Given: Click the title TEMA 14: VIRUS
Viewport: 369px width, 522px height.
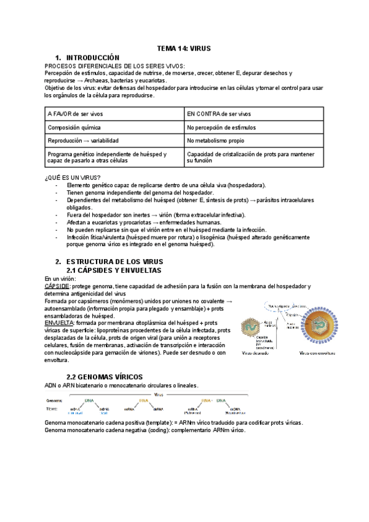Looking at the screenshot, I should click(184, 48).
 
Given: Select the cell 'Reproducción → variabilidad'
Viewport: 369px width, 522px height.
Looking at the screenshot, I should click(87, 141).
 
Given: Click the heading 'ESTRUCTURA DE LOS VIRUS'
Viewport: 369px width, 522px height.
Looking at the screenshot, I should click(114, 262).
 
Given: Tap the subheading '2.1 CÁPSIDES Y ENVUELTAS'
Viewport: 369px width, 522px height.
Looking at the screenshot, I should click(113, 270).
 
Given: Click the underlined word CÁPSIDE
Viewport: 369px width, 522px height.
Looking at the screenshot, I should click(57, 286).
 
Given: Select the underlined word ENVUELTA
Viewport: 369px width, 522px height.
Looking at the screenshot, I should click(59, 323).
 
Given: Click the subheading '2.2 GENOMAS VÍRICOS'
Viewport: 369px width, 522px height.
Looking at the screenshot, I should click(105, 376).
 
